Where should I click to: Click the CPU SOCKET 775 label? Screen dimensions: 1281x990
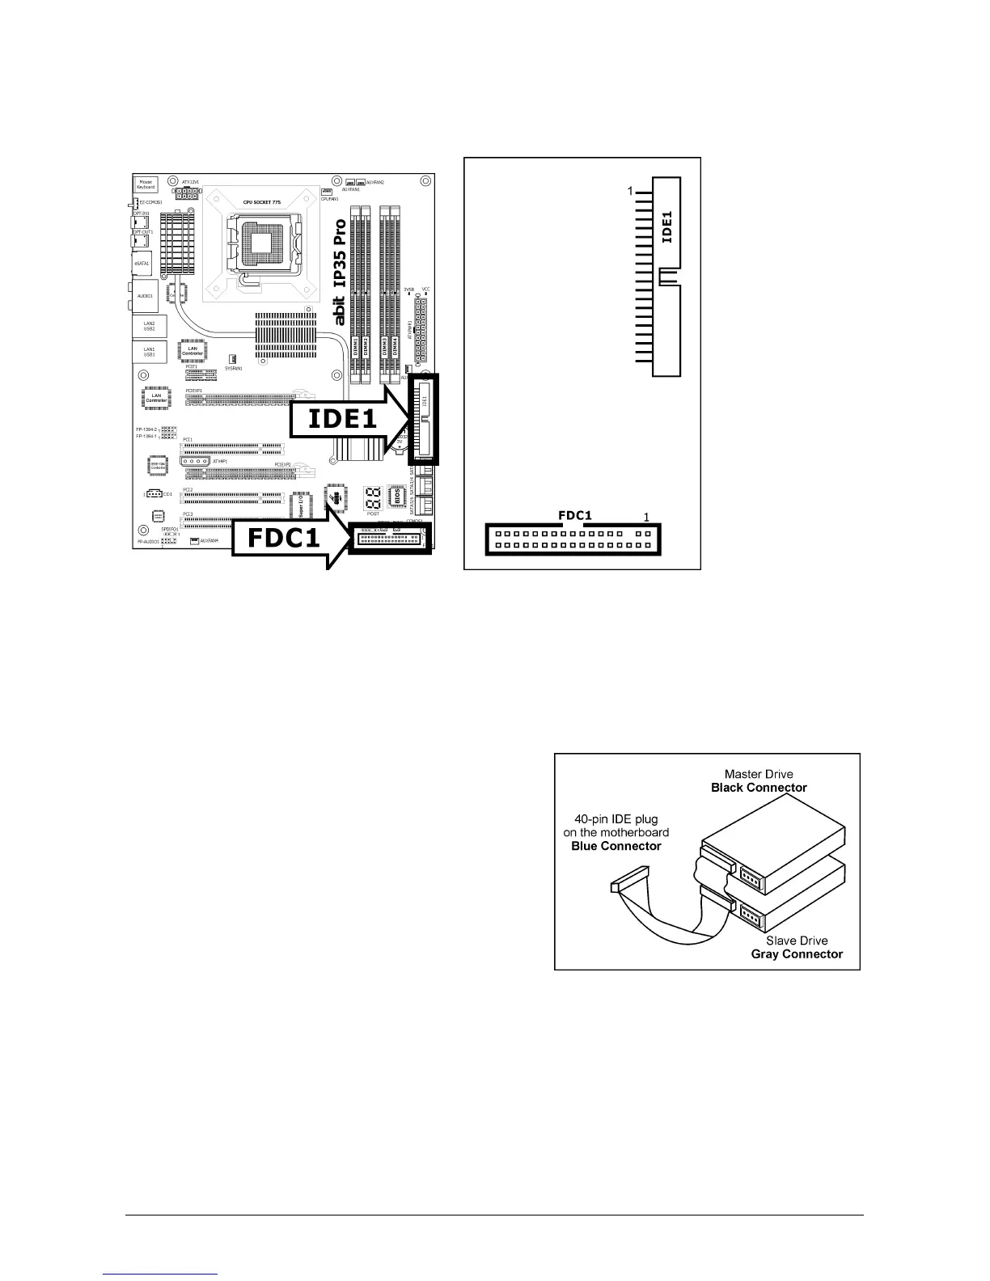pos(261,201)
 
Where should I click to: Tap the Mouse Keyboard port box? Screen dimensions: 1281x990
pos(146,184)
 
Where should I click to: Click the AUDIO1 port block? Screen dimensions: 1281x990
pos(146,296)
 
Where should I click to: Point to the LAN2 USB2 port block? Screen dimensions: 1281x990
pos(150,326)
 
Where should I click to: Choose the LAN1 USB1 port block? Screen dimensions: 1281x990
pos(150,352)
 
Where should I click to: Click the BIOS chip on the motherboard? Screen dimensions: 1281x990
pos(396,495)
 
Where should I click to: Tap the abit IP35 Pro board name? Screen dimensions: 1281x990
pos(341,268)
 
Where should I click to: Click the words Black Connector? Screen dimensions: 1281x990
pos(759,787)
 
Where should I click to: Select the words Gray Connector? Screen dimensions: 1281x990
pos(797,953)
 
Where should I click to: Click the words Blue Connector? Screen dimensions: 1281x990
pos(616,846)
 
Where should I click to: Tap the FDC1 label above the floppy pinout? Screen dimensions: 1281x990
pos(575,514)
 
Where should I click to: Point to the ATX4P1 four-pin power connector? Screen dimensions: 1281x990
pos(195,461)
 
